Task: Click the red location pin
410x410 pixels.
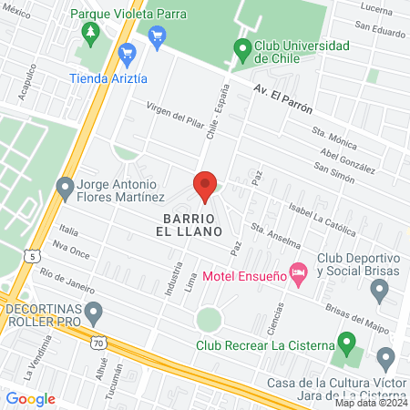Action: (205, 187)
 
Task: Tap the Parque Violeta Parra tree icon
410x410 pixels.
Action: (89, 34)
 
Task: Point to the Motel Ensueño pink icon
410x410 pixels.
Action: (297, 272)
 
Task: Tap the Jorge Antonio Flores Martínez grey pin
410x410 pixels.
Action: (65, 188)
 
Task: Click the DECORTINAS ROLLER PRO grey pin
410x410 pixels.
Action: (93, 314)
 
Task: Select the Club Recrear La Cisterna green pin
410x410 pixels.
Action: (345, 343)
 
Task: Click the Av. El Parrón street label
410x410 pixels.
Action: (283, 98)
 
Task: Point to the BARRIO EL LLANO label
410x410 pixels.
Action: (193, 226)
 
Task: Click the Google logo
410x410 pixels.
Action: (30, 398)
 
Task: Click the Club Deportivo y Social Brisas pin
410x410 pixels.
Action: (381, 291)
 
